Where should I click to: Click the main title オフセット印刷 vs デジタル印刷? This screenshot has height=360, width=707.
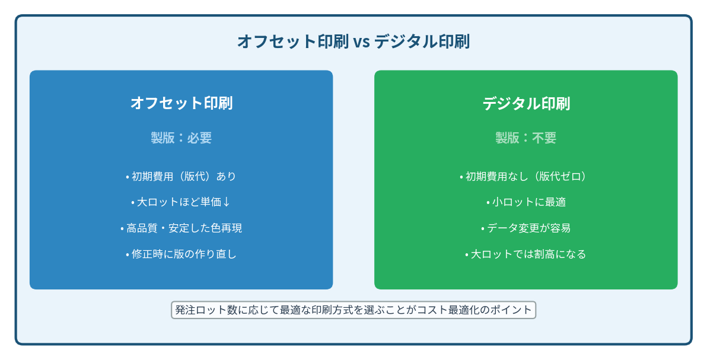pyautogui.click(x=353, y=42)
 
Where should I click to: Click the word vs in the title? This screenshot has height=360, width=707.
pyautogui.click(x=361, y=42)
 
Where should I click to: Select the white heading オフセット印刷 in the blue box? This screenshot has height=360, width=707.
pyautogui.click(x=181, y=103)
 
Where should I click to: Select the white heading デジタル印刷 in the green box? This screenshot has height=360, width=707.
pyautogui.click(x=526, y=103)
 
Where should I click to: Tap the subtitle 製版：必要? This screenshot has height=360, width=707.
pyautogui.click(x=181, y=138)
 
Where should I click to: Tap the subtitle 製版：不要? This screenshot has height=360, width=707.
pyautogui.click(x=526, y=138)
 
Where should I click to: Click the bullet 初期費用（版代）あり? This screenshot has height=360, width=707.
pyautogui.click(x=181, y=176)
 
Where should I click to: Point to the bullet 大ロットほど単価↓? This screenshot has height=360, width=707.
pyautogui.click(x=181, y=202)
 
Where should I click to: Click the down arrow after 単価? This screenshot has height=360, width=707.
pyautogui.click(x=227, y=202)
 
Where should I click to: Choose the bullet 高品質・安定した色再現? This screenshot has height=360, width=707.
pyautogui.click(x=181, y=228)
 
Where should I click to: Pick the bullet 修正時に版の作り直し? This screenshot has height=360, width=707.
pyautogui.click(x=181, y=254)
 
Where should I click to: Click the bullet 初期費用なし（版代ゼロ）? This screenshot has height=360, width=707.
pyautogui.click(x=526, y=176)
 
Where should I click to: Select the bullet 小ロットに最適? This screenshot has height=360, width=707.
pyautogui.click(x=526, y=202)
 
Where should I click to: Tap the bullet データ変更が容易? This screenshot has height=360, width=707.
pyautogui.click(x=526, y=228)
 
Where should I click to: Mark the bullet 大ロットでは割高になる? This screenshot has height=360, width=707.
pyautogui.click(x=526, y=254)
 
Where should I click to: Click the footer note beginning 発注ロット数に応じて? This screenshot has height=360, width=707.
pyautogui.click(x=353, y=310)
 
